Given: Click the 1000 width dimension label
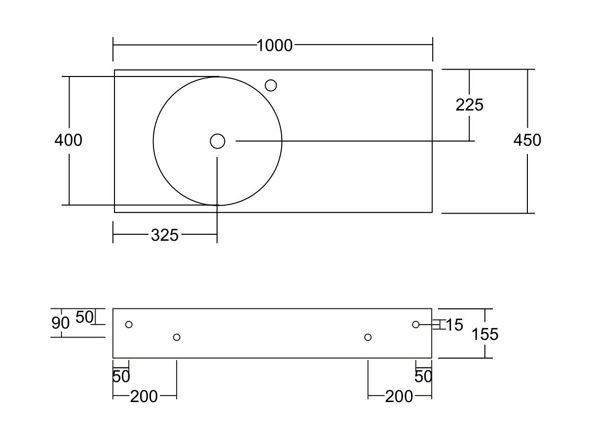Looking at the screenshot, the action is coord(274,45).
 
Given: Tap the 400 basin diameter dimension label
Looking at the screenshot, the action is coord(68,140).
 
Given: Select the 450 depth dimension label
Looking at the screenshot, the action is coord(527,140).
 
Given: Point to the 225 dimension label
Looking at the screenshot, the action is coord(469,105).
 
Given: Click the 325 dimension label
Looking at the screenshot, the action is coord(164,235).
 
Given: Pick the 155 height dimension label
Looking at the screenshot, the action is coord(485,334).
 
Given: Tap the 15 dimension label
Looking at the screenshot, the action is coord(454,325).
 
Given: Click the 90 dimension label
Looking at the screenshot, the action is coord(60,323).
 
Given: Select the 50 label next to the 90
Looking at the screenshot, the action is coord(84,317).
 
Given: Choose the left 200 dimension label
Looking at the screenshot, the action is coord(144,397).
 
